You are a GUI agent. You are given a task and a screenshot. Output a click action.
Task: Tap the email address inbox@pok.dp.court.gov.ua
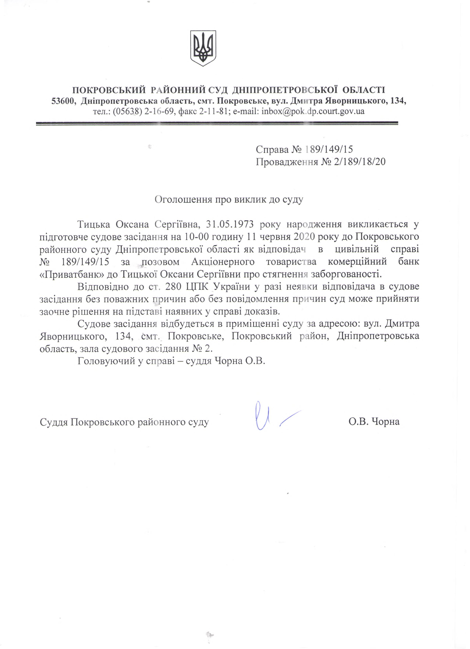pyautogui.click(x=313, y=111)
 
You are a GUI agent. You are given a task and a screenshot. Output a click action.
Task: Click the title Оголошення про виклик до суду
pyautogui.click(x=229, y=199)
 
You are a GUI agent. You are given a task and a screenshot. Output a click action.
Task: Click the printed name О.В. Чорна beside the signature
pyautogui.click(x=374, y=421)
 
